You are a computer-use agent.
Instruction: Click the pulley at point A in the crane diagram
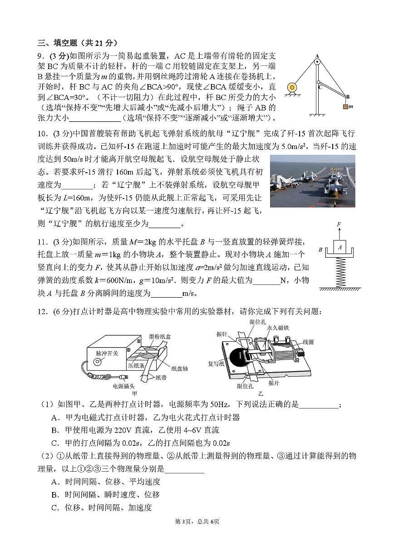317,61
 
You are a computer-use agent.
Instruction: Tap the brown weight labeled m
345,106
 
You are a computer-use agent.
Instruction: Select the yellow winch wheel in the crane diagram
292,87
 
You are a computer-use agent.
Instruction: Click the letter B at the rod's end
348,97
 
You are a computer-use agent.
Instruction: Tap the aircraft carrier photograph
312,181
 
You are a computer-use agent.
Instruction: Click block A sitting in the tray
339,247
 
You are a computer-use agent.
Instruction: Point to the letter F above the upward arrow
339,224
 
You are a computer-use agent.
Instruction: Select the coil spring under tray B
340,272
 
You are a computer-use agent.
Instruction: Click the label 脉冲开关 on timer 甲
107,353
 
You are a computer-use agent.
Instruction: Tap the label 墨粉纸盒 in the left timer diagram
160,337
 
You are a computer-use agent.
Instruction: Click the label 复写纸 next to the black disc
216,364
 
